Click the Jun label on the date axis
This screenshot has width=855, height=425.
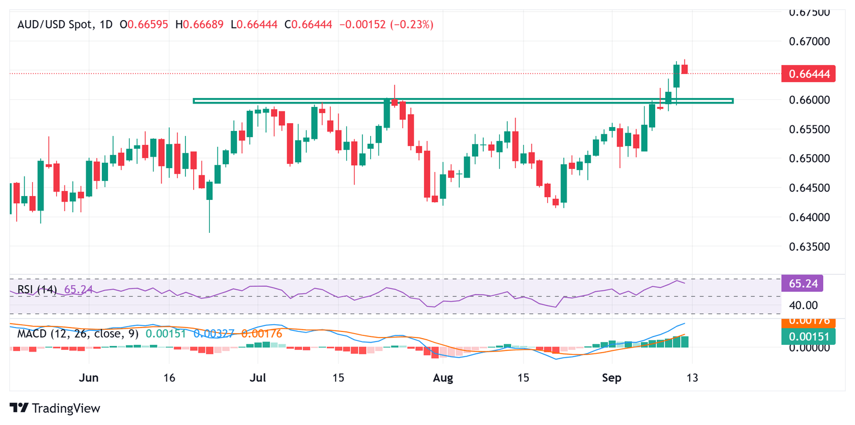(89, 377)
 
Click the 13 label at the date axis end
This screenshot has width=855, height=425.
(692, 377)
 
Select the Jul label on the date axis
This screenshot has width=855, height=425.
(258, 377)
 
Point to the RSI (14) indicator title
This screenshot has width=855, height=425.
(37, 290)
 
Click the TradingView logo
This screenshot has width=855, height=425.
(55, 408)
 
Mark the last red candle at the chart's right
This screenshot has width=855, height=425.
(685, 69)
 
